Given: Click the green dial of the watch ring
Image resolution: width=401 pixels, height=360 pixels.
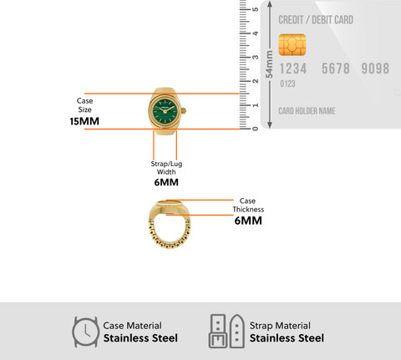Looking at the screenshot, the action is pyautogui.click(x=166, y=110).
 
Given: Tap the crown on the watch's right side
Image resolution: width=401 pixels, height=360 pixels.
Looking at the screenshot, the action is pyautogui.click(x=184, y=110).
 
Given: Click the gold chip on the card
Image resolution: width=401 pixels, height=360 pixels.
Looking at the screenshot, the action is pyautogui.click(x=292, y=44).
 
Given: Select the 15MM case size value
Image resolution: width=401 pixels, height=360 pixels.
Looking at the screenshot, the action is pyautogui.click(x=84, y=121).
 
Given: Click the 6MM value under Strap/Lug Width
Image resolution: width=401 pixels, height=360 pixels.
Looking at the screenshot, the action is pyautogui.click(x=166, y=182).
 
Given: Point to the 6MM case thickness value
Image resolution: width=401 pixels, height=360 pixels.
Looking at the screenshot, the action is pyautogui.click(x=248, y=221).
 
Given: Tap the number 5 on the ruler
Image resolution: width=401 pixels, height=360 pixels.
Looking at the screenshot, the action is pyautogui.click(x=255, y=9).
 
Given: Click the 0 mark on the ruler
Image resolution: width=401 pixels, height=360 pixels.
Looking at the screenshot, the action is pyautogui.click(x=255, y=129).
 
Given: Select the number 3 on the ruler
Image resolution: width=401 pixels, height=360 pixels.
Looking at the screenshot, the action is pyautogui.click(x=255, y=58).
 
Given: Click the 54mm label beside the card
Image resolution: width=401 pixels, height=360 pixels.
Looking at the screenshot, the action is pyautogui.click(x=269, y=64).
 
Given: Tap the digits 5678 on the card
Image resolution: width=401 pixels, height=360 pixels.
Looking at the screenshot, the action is pyautogui.click(x=336, y=68).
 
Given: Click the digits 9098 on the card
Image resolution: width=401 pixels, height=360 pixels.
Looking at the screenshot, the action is pyautogui.click(x=375, y=68).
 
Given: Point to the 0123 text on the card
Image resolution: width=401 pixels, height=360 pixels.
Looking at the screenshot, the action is pyautogui.click(x=287, y=84).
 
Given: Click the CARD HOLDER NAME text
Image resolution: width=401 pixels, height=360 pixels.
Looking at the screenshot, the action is pyautogui.click(x=307, y=111).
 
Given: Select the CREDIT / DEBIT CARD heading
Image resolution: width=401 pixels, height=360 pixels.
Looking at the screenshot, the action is pyautogui.click(x=316, y=20).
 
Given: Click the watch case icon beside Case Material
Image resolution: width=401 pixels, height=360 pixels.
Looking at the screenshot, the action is pyautogui.click(x=86, y=332).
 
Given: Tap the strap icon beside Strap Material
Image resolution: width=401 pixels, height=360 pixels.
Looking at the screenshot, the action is pyautogui.click(x=226, y=332).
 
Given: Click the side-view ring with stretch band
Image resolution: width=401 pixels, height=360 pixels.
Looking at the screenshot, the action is pyautogui.click(x=170, y=224).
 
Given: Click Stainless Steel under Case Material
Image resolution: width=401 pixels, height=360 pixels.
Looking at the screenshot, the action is pyautogui.click(x=140, y=338).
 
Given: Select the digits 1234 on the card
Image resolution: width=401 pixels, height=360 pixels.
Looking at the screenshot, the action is pyautogui.click(x=293, y=68).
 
